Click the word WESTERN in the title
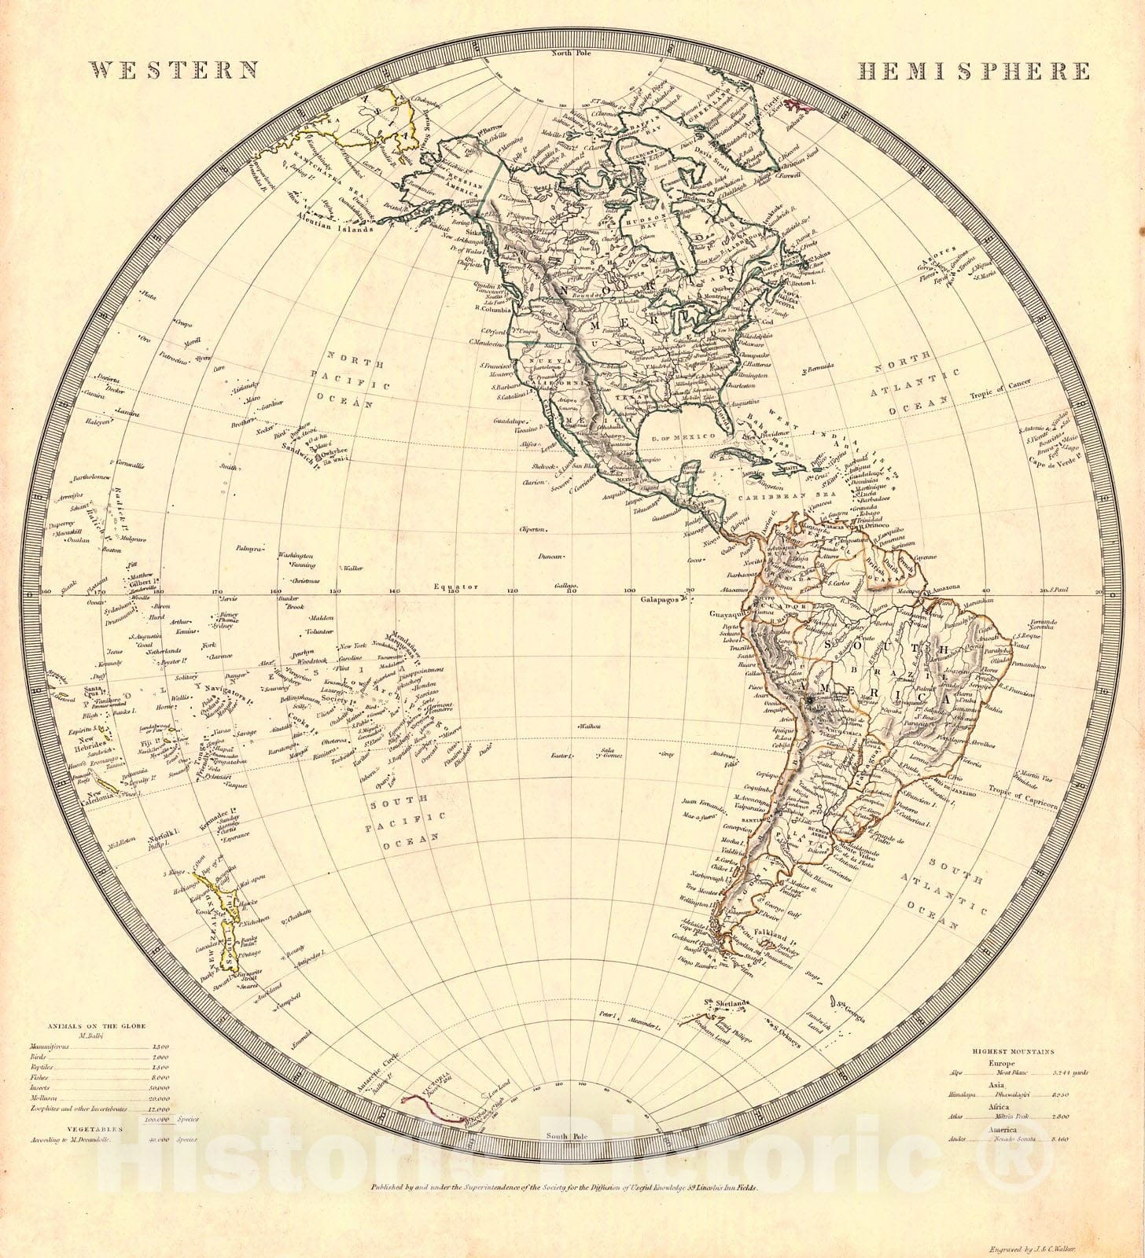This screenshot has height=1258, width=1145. click(175, 71)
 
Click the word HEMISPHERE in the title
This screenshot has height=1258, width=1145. click(974, 72)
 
